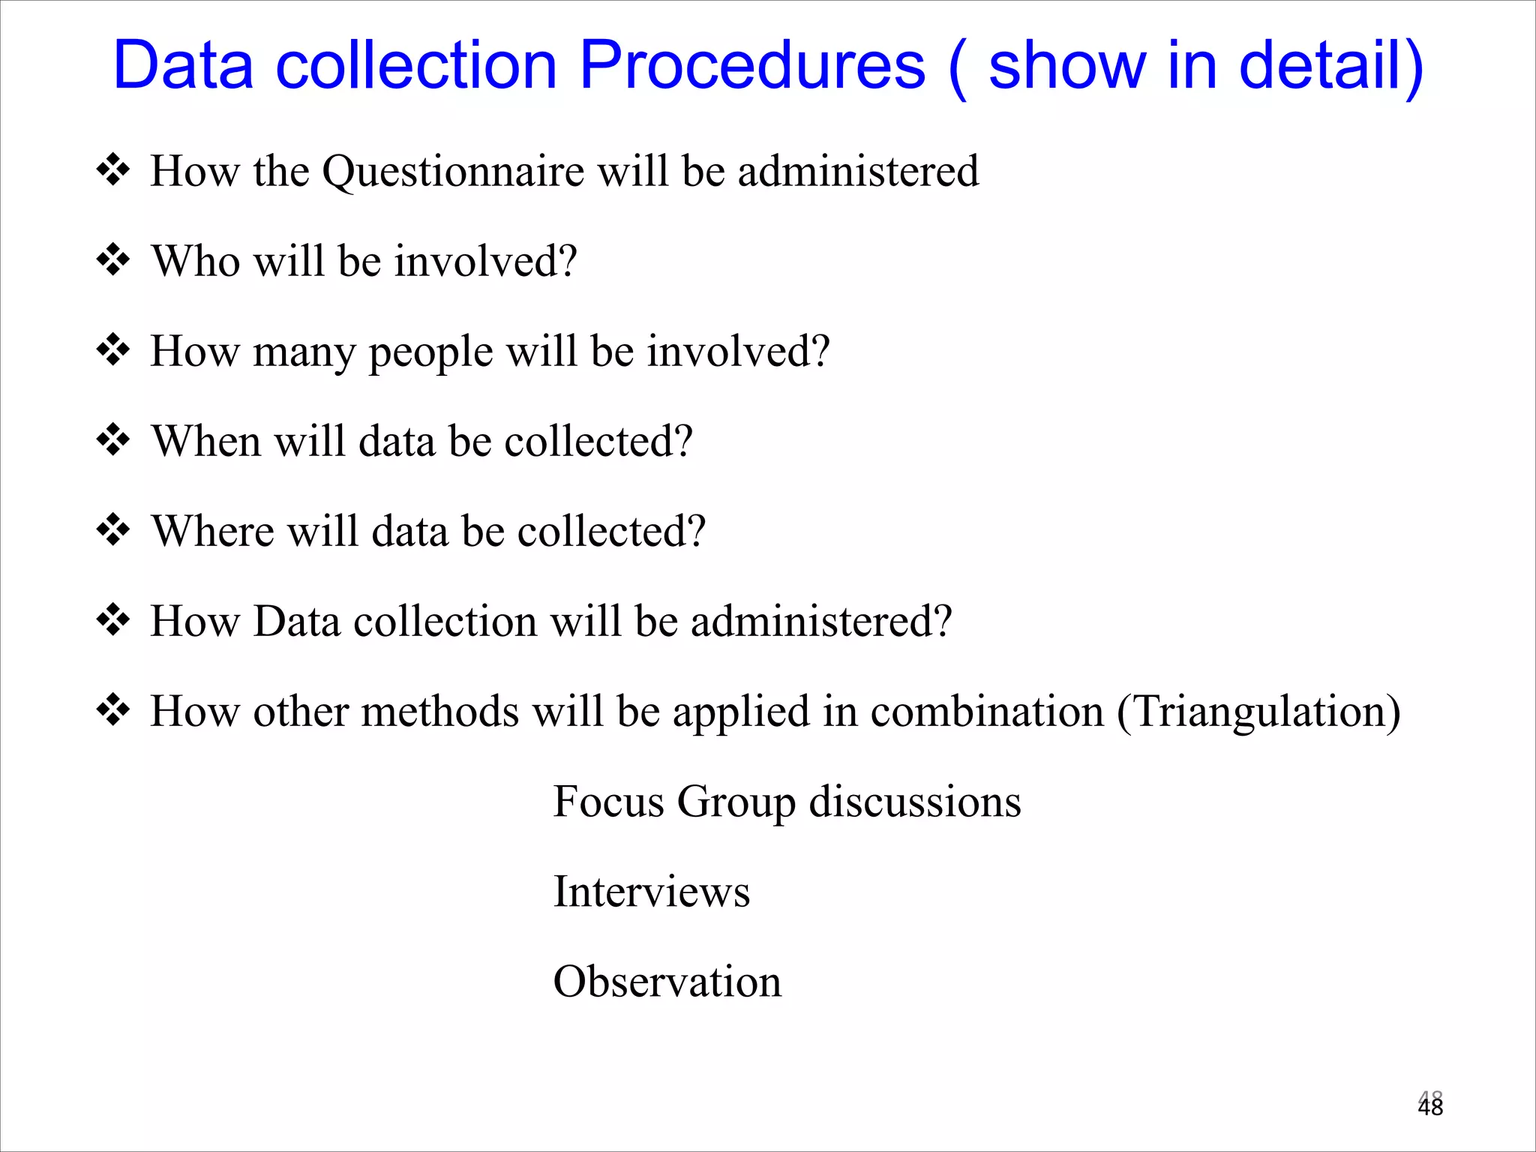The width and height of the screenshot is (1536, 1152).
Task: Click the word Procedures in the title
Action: click(752, 66)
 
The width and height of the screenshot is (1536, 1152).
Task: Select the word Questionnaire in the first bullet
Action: click(453, 172)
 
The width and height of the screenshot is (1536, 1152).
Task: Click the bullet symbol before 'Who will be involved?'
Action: click(113, 260)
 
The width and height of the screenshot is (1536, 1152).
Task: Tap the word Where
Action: click(212, 531)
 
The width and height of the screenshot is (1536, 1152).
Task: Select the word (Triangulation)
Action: click(1258, 712)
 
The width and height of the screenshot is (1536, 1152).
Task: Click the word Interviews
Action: click(651, 892)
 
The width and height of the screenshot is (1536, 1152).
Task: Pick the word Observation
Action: click(667, 982)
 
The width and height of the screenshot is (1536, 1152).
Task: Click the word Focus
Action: click(608, 802)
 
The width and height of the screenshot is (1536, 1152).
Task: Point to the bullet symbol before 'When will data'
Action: click(113, 440)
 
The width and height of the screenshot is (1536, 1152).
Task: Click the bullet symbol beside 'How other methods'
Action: click(113, 710)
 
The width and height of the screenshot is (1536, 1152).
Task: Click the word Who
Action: click(196, 262)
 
